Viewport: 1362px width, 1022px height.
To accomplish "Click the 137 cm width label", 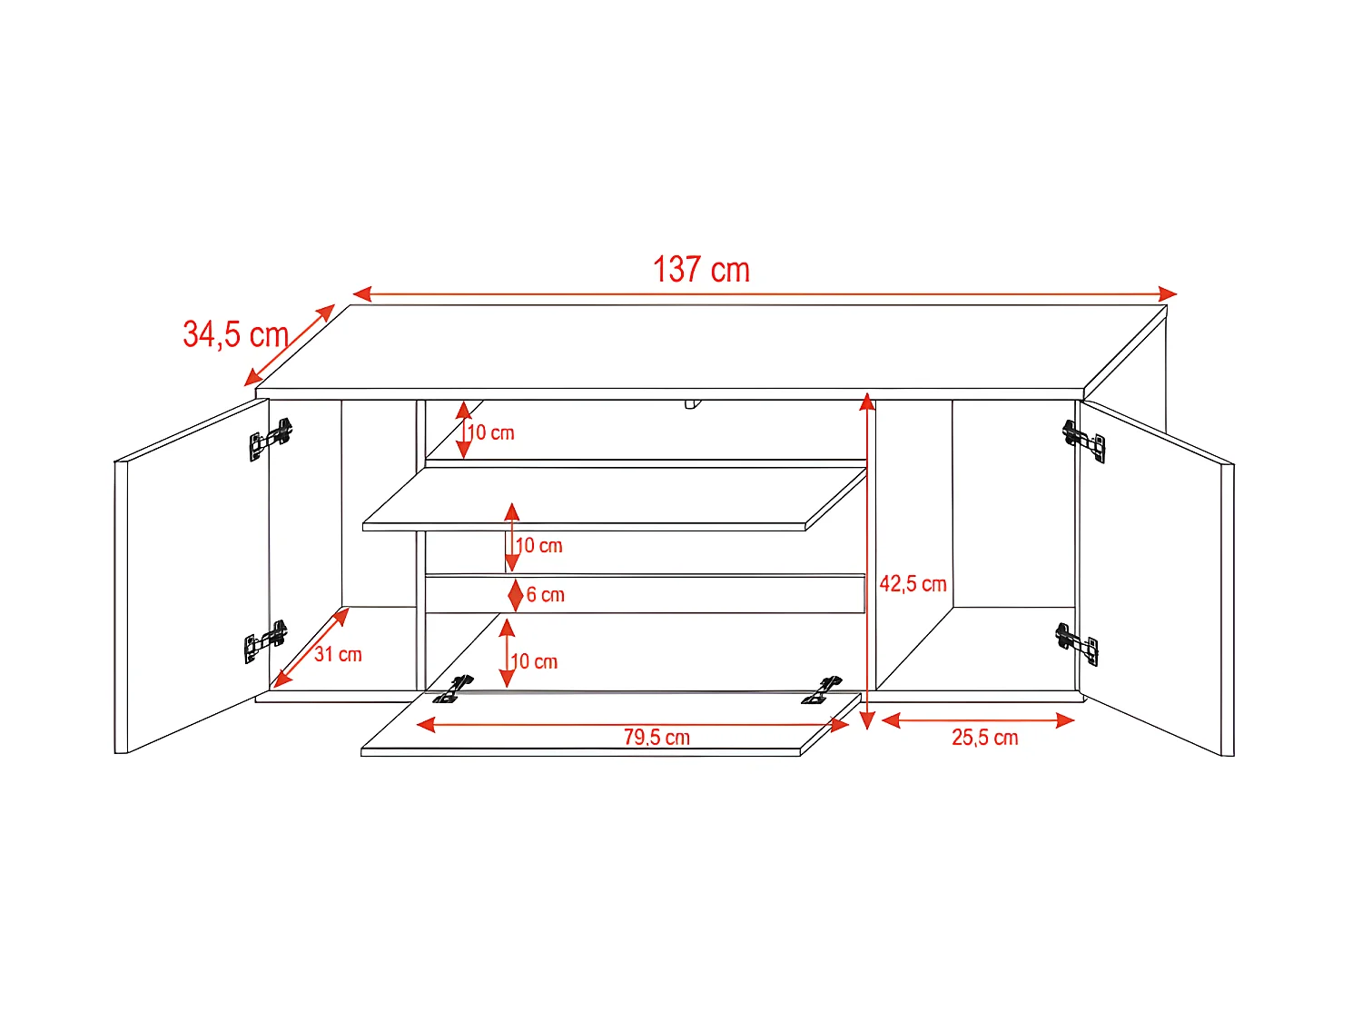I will (701, 270).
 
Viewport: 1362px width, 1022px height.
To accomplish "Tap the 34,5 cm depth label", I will (236, 334).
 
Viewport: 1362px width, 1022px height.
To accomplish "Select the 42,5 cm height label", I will (913, 584).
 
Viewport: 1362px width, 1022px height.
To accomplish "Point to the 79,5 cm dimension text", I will (656, 737).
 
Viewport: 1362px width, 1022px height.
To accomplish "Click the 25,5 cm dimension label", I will (984, 738).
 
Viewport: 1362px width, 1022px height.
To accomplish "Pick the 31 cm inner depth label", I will (338, 654).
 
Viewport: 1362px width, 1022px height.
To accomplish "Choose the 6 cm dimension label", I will (545, 595).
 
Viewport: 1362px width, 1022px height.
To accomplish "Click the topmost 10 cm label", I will (491, 432).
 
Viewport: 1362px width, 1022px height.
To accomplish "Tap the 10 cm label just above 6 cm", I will (538, 546).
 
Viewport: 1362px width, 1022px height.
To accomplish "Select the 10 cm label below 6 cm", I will (534, 661).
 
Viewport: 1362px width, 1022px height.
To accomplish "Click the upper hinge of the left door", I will (271, 440).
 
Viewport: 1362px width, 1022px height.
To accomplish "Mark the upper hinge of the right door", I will (1084, 440).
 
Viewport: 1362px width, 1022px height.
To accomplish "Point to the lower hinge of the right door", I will (1078, 642).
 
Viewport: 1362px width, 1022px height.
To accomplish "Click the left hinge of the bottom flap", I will (454, 690).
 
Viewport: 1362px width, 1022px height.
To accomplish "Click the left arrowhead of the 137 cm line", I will (361, 293).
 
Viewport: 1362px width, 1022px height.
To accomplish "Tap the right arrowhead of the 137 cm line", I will (1168, 293).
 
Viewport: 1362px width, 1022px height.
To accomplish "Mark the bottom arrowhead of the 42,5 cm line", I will (867, 721).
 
